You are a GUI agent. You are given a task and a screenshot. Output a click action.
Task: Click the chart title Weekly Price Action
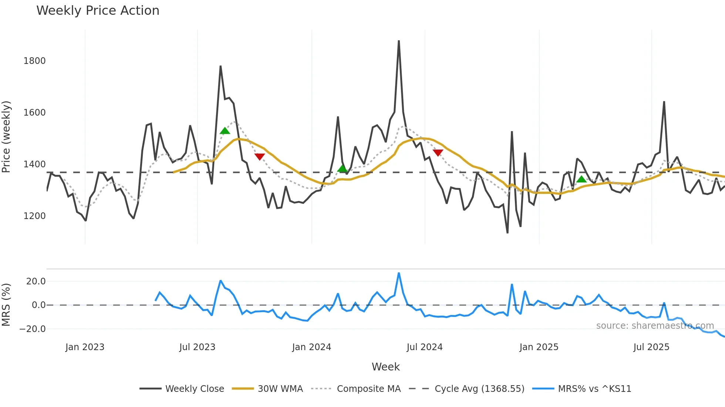98,11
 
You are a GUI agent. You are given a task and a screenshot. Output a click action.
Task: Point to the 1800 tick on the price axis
34,61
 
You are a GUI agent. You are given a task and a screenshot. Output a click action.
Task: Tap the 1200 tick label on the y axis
34,216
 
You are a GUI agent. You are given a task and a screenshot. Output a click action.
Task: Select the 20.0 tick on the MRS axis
36,281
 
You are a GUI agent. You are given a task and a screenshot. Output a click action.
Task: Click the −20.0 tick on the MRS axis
33,329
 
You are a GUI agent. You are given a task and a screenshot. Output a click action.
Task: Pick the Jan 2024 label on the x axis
311,347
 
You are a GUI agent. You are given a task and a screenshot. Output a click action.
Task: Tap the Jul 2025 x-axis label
651,347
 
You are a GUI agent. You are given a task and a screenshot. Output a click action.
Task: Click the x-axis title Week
385,367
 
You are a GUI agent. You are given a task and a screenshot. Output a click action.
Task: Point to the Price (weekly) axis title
6,137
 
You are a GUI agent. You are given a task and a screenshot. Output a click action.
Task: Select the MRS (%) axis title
6,305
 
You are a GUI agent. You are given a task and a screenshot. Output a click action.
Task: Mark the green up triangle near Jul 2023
225,131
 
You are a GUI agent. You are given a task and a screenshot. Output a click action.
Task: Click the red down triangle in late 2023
260,157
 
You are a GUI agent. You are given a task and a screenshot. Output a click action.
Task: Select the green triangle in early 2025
581,179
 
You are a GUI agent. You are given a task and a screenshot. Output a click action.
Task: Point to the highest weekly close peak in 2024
399,41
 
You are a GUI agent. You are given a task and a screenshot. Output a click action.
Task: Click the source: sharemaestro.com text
655,326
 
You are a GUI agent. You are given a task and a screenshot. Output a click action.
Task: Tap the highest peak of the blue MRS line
399,273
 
